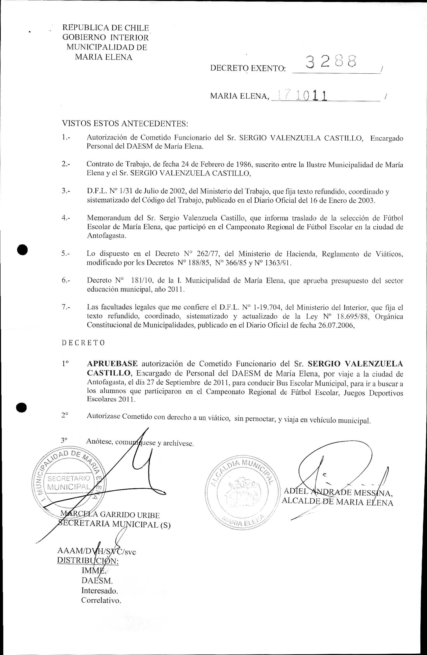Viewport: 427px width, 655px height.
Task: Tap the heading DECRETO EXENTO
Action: pos(248,68)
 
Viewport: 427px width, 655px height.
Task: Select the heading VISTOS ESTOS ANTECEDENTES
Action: pos(125,123)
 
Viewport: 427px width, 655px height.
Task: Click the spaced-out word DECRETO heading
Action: pos(83,343)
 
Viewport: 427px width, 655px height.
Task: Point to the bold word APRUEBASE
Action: pos(112,364)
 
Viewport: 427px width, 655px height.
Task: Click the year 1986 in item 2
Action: pos(244,165)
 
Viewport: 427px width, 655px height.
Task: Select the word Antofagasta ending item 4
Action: pos(106,236)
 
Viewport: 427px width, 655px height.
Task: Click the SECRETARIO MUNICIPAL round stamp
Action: pos(69,483)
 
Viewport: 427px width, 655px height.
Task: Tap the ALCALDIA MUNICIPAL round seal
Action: pos(242,493)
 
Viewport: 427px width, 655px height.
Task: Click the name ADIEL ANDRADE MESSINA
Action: pos(338,491)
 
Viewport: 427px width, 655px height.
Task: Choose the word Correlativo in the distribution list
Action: pos(101,600)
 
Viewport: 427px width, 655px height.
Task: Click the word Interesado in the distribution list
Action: pos(99,590)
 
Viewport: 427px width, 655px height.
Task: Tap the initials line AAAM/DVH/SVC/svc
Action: pos(96,551)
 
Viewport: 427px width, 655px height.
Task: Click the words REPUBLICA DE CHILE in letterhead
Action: pos(106,28)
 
